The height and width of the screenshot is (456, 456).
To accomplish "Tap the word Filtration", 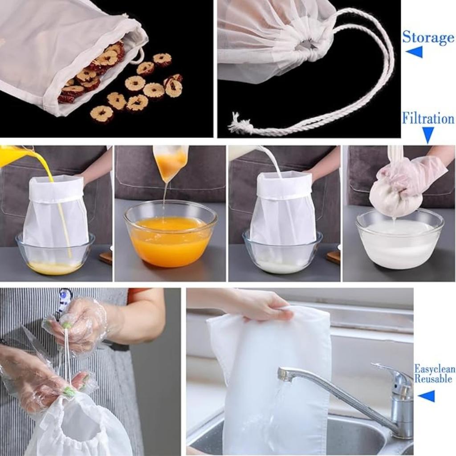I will [427, 118].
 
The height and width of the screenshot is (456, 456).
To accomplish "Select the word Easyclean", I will [434, 369].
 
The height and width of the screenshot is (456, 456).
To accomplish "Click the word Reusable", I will [433, 379].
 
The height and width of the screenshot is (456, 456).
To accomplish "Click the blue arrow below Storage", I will [414, 52].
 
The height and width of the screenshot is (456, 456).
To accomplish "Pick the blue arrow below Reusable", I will [426, 396].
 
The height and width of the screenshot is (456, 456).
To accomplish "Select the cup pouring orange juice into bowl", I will [170, 162].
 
